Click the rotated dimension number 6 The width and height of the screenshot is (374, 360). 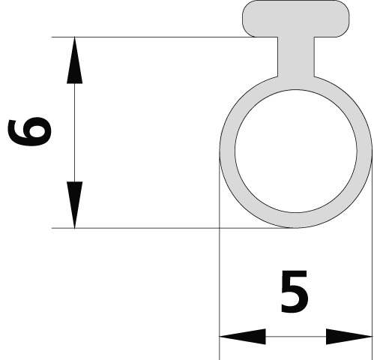[x=30, y=132]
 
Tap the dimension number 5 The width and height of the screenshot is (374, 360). [x=295, y=291]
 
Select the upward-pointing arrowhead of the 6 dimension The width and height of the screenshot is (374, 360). [x=74, y=60]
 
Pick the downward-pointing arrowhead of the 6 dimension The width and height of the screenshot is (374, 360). [x=74, y=205]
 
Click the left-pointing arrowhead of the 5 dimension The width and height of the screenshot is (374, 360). [x=242, y=337]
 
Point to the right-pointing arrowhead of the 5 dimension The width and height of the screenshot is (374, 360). [x=349, y=337]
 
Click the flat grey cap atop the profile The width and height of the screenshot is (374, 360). [x=296, y=19]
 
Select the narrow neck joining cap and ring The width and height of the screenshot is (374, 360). [x=296, y=57]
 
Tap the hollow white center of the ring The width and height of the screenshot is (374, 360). [x=296, y=151]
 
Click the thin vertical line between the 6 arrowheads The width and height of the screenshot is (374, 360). [x=74, y=133]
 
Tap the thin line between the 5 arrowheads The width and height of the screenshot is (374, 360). [x=296, y=337]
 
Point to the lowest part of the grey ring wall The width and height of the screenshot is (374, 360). [x=296, y=220]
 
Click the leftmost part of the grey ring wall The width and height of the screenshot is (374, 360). [x=227, y=151]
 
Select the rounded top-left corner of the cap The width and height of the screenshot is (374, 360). [x=247, y=5]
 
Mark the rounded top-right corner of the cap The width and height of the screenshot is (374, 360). [x=345, y=5]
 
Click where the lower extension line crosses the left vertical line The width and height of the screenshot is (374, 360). [x=220, y=228]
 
